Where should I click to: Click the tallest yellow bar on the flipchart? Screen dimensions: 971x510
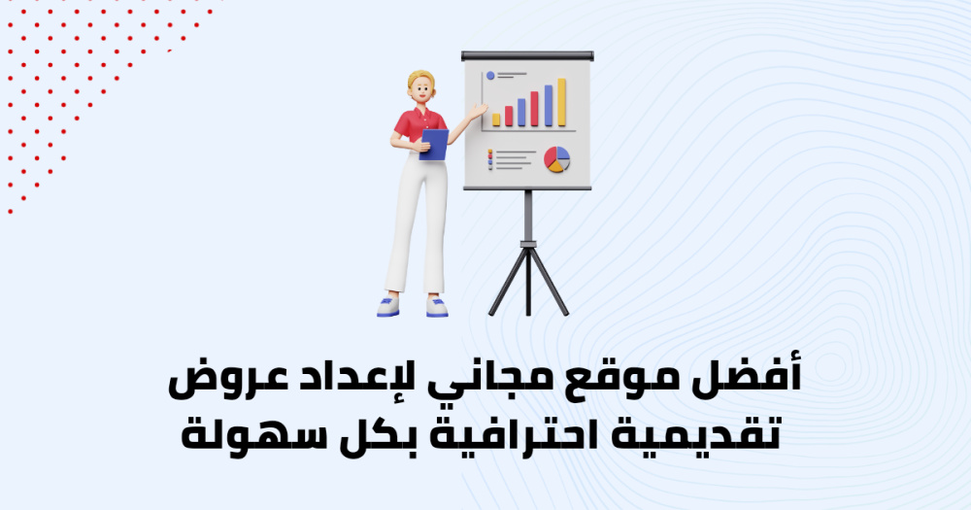point(561,102)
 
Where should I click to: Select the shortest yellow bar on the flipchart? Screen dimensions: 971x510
point(496,119)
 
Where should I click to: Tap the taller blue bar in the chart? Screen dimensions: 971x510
point(548,105)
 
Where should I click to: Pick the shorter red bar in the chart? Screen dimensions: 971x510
point(509,116)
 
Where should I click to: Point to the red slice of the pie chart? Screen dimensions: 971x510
point(550,158)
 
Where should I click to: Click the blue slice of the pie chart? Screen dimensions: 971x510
point(563,154)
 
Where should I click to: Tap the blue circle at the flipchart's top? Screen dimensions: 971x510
point(490,76)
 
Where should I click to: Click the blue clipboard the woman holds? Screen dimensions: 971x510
point(434,145)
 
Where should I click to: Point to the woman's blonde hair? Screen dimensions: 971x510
point(421,78)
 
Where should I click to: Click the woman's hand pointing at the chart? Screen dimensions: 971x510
point(479,111)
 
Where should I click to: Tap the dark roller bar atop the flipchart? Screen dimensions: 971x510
point(527,55)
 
